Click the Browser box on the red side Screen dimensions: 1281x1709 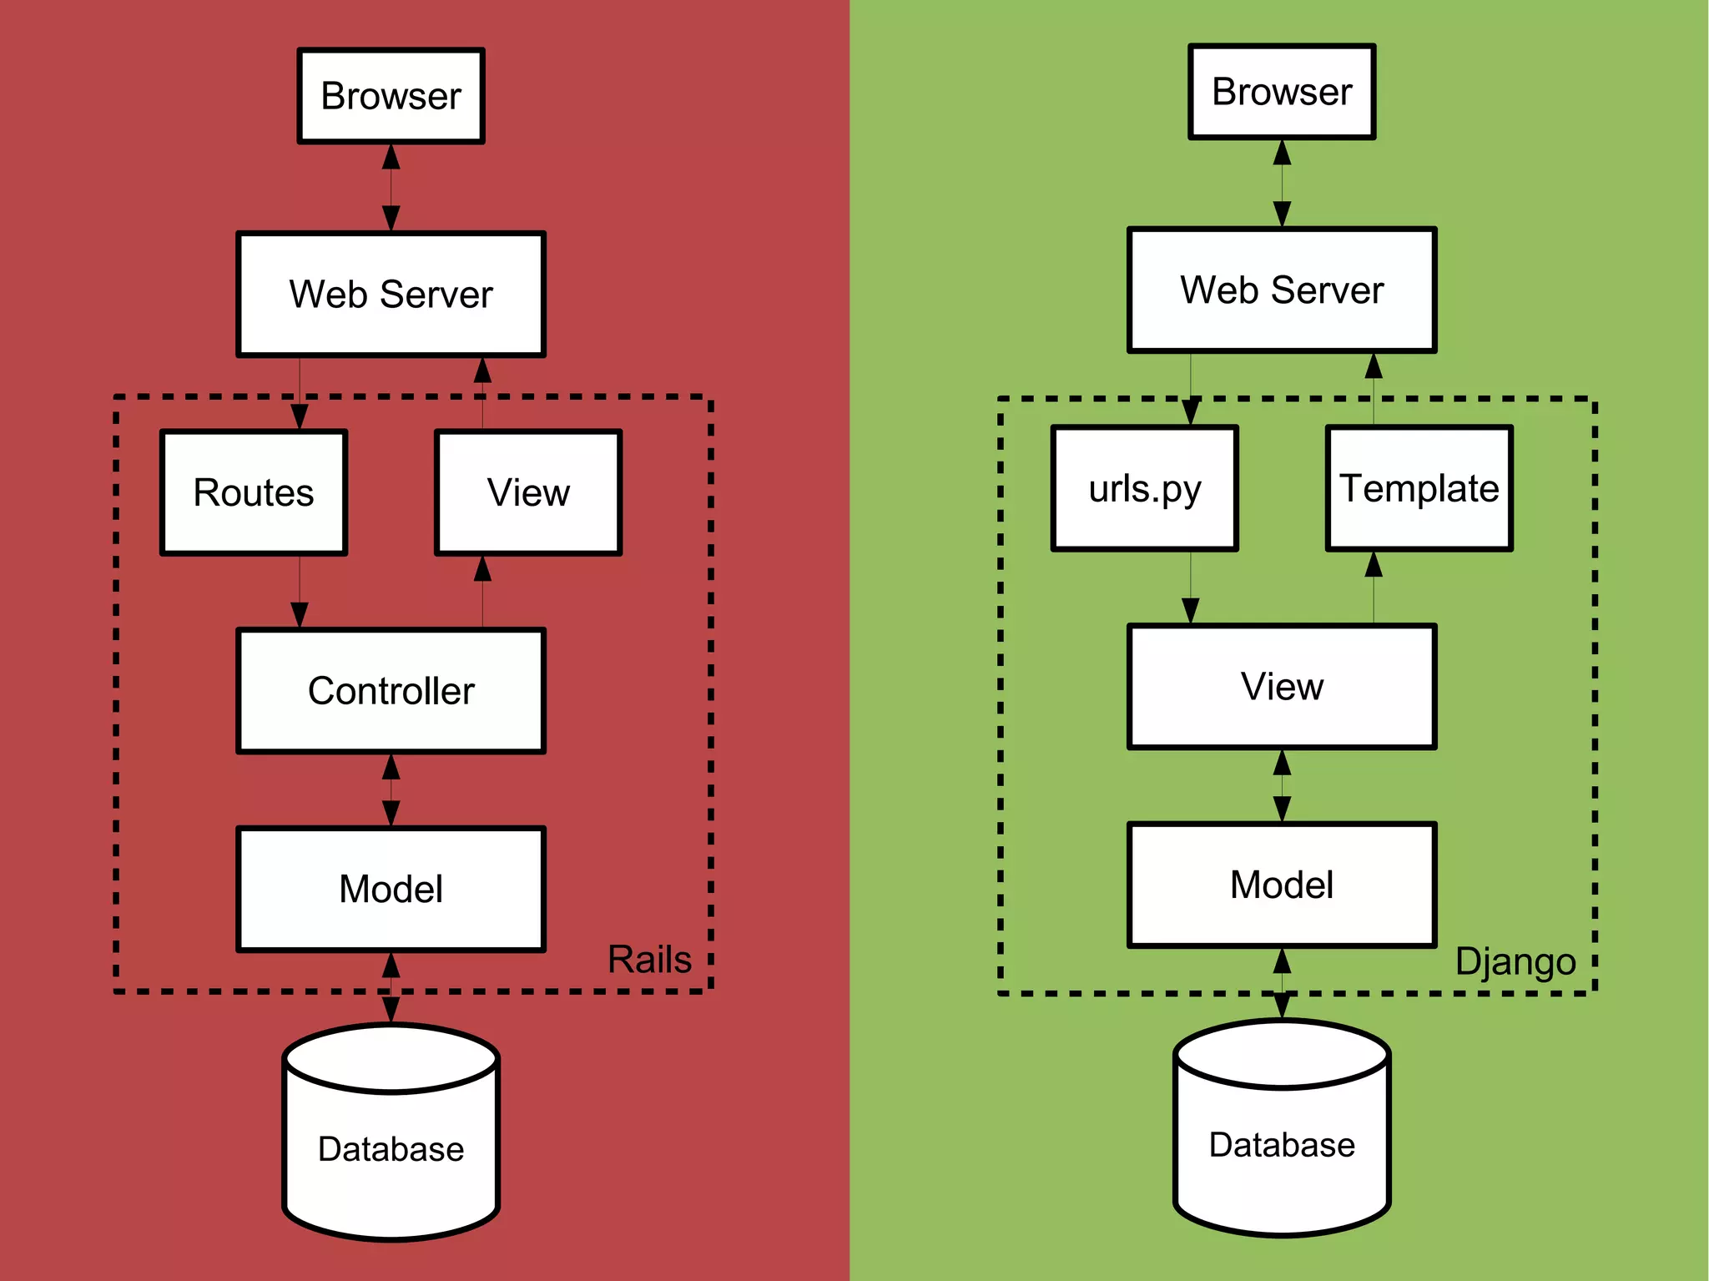click(x=391, y=95)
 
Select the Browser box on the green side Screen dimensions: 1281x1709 click(x=1281, y=91)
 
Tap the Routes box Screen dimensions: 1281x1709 click(x=254, y=492)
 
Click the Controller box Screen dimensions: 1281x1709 click(x=391, y=690)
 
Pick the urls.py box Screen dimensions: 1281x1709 click(x=1144, y=487)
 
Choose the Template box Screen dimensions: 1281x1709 click(x=1419, y=487)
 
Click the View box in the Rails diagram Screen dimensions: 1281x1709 click(x=528, y=492)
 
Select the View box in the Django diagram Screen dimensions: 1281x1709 click(x=1281, y=686)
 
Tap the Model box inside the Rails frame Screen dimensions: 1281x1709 click(x=391, y=888)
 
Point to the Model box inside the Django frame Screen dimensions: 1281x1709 click(x=1281, y=884)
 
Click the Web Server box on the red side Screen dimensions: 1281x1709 click(x=391, y=294)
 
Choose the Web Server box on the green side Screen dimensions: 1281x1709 click(x=1281, y=290)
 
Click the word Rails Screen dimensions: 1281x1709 click(x=649, y=959)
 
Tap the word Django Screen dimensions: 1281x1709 click(x=1515, y=961)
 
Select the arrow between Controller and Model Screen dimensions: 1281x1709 click(x=391, y=789)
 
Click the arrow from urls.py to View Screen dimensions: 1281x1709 click(x=1190, y=587)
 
